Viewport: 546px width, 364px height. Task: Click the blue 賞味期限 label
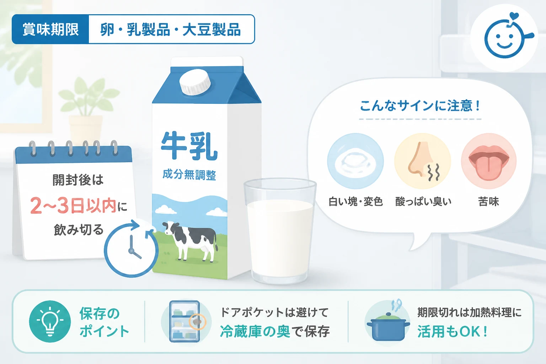pos(50,29)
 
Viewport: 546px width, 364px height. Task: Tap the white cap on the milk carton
pos(195,82)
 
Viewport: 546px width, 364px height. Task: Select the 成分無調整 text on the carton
pos(189,175)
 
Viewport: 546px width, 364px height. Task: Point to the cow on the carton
pos(190,241)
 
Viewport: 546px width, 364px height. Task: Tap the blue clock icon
pos(131,249)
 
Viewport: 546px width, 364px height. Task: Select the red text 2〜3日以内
pos(73,206)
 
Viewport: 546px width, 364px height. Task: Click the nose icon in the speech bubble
pos(423,161)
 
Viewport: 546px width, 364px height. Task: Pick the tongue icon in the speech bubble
pos(489,161)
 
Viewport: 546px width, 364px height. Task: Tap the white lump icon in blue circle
pos(355,161)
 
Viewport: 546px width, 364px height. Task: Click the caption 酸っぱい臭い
pos(423,202)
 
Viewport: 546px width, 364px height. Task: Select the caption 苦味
pos(489,202)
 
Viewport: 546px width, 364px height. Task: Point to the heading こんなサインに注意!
pos(420,106)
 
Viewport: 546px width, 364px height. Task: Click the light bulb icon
pos(50,321)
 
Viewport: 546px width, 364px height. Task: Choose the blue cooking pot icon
pos(388,324)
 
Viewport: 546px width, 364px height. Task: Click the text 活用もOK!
pos(453,332)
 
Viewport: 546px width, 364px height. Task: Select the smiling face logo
pos(504,38)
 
